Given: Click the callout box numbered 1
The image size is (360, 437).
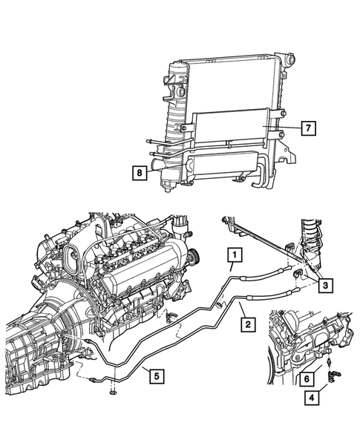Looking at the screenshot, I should (x=234, y=257).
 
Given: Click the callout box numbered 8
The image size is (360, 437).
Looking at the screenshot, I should (x=139, y=174).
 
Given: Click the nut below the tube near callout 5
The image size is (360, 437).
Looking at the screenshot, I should (x=113, y=392).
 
